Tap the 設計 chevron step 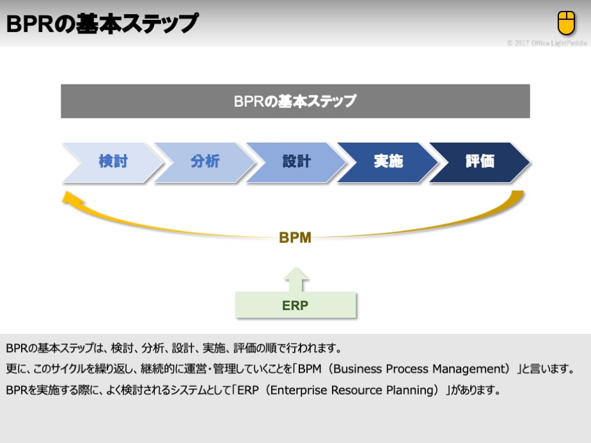pyautogui.click(x=296, y=162)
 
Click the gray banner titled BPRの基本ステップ pyautogui.click(x=295, y=101)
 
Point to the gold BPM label pyautogui.click(x=295, y=238)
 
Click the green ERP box pyautogui.click(x=295, y=305)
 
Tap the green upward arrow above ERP pyautogui.click(x=295, y=279)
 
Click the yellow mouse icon pyautogui.click(x=566, y=24)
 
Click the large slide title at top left pyautogui.click(x=102, y=24)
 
